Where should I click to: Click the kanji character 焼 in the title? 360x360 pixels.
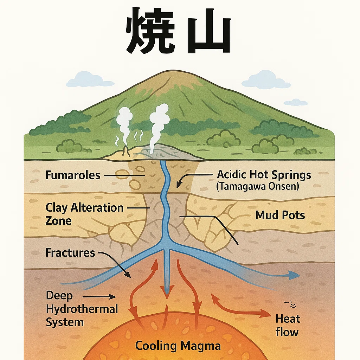pos(150,31)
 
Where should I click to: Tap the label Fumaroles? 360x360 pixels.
pos(73,175)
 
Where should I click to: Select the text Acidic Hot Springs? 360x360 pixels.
pos(264,175)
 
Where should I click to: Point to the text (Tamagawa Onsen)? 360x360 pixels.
pos(258,186)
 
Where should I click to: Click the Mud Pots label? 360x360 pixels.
pos(280,216)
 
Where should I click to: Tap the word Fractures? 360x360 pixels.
pos(70,252)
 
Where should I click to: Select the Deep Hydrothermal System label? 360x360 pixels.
pos(82,309)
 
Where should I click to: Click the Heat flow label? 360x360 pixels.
pos(288,325)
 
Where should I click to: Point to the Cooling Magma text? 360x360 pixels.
pos(178,346)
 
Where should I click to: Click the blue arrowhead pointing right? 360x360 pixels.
pos(294,275)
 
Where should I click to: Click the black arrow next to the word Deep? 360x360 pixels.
pos(99,297)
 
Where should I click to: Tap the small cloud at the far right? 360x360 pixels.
pos(296,102)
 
